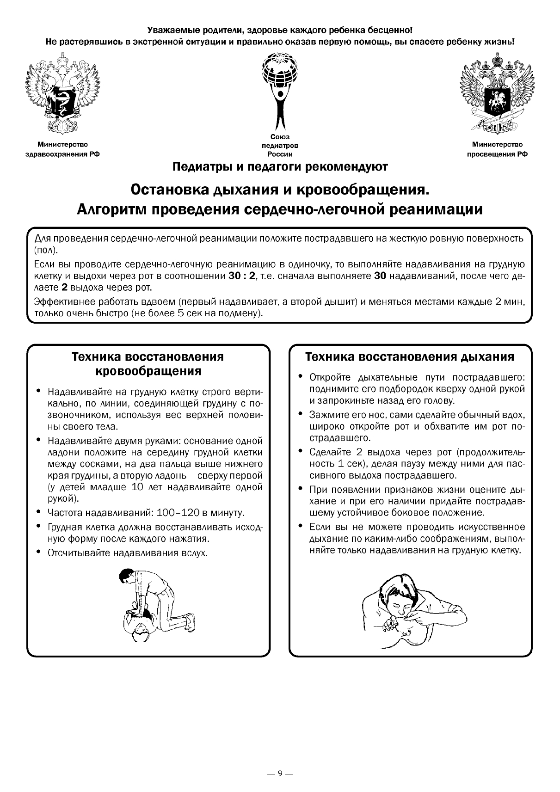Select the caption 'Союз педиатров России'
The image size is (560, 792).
point(280,146)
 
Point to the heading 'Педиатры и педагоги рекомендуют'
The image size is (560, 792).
point(280,167)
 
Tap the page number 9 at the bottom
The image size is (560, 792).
point(280,773)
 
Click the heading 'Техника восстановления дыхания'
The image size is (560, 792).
point(410,357)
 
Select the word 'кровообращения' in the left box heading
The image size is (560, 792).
point(148,371)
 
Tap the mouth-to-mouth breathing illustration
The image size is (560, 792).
point(412,610)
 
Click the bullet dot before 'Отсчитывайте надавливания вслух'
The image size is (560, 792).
point(39,552)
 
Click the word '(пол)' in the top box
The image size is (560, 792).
point(46,251)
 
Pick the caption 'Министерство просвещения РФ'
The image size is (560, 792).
point(497,150)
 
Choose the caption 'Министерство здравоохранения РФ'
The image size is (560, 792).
point(62,150)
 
